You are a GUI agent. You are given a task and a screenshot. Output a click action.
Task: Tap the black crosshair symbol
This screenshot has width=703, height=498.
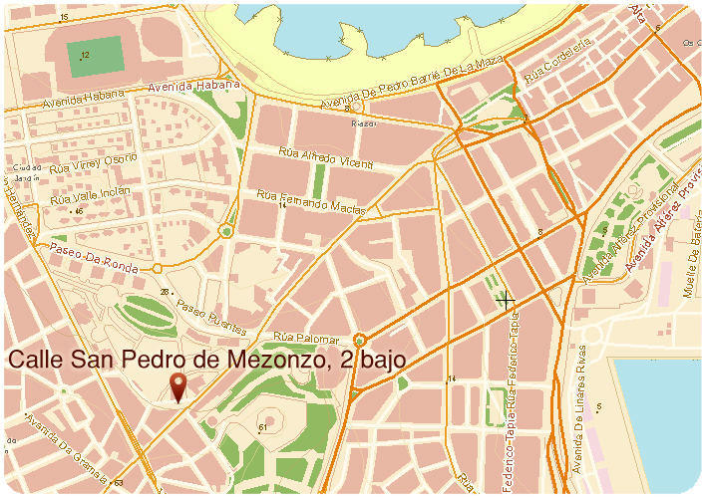click(x=506, y=300)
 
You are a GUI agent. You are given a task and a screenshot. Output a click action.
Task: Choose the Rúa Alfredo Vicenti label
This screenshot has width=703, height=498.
click(x=325, y=159)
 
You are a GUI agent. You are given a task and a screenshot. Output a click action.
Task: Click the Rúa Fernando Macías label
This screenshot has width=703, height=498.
click(x=311, y=200)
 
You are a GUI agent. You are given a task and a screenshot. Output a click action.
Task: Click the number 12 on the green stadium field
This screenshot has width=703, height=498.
click(x=85, y=55)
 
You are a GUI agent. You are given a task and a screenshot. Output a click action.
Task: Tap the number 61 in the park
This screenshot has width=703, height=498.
click(x=263, y=428)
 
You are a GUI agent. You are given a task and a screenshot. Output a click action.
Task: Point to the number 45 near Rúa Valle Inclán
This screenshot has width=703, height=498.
click(x=78, y=211)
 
